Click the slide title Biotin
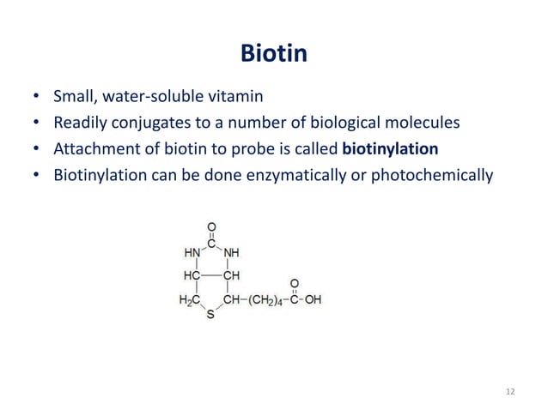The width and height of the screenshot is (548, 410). [273, 56]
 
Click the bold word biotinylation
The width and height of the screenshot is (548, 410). [390, 149]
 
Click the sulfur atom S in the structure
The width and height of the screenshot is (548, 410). [211, 316]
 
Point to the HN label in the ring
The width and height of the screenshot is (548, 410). [193, 253]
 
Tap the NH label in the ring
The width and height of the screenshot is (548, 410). [230, 253]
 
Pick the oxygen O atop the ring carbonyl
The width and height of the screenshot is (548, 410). [211, 227]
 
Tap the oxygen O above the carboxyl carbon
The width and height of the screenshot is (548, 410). [295, 281]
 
